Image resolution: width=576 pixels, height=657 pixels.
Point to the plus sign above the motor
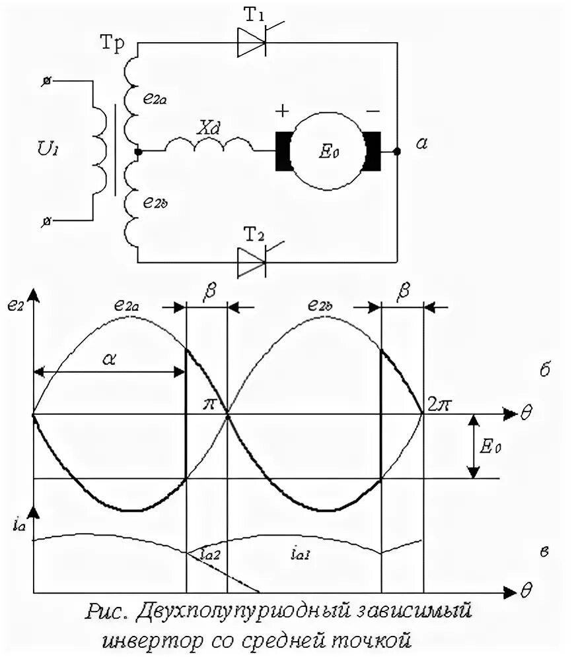(282, 110)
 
